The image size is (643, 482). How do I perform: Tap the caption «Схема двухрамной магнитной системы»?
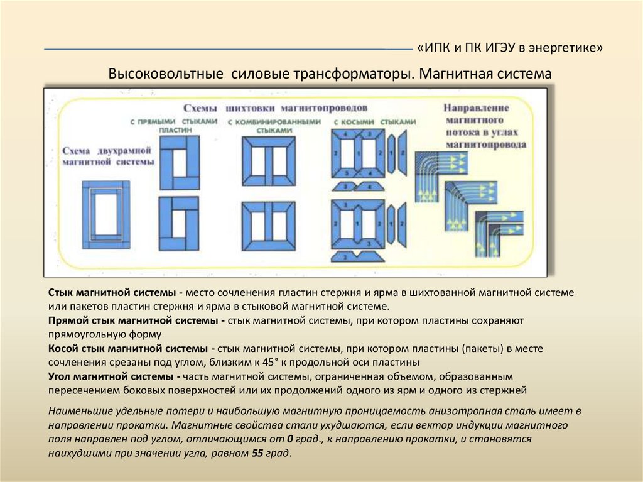click(108, 156)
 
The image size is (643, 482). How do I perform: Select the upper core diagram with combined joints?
click(269, 160)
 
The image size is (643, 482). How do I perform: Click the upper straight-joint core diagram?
click(179, 162)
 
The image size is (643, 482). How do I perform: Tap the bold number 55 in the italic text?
click(257, 453)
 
